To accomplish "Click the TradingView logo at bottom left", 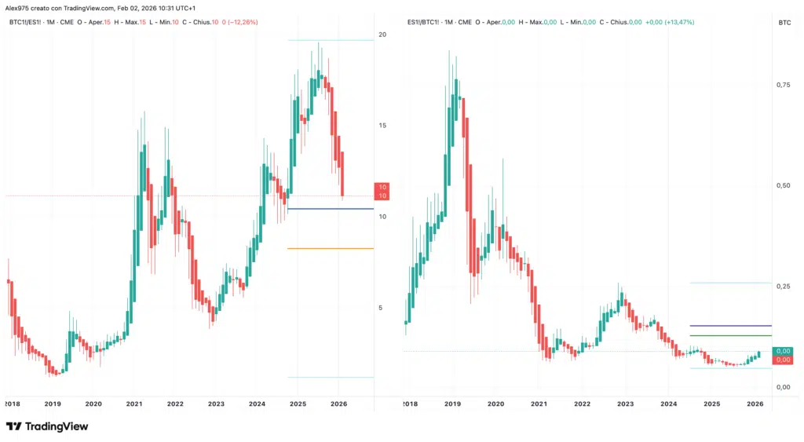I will (x=47, y=426).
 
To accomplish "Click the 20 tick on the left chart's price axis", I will (x=382, y=35).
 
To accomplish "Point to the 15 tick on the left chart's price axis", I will (x=382, y=126).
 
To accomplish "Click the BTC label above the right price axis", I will (x=784, y=24).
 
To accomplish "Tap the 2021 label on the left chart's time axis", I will (x=134, y=404).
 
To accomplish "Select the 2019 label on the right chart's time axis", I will (x=452, y=404).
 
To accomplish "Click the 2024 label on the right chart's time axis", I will (x=669, y=404).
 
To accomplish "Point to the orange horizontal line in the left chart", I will (x=330, y=249).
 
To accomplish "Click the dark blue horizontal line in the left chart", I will (x=330, y=209).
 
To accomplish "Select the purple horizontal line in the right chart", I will (x=730, y=325).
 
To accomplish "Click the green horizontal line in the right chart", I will (x=730, y=336).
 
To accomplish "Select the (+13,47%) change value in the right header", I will (x=677, y=22).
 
